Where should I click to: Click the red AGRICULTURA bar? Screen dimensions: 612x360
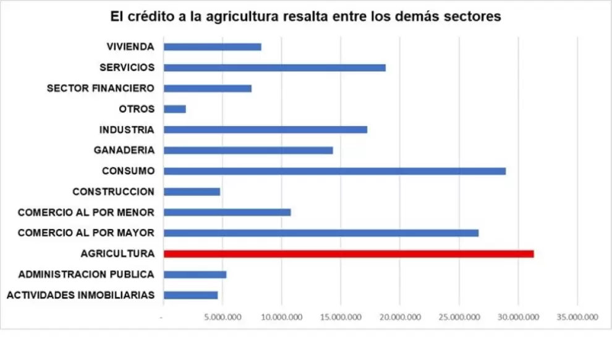coord(349,254)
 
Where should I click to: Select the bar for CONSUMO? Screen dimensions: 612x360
coord(335,171)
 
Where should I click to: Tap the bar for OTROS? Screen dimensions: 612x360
coord(175,109)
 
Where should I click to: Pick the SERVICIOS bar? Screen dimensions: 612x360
coord(274,67)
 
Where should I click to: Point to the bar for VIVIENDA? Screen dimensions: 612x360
coord(213,47)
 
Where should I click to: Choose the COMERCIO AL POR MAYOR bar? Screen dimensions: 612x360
coord(321,233)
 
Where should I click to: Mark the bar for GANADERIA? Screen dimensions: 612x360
coord(249,150)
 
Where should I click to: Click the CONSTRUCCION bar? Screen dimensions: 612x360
coord(192,192)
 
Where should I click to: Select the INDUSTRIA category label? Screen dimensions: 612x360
coord(127,130)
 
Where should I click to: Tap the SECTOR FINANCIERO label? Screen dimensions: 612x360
coord(101,88)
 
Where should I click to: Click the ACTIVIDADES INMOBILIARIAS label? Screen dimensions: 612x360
coord(81,295)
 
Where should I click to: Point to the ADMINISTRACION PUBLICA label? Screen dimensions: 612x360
coord(87,275)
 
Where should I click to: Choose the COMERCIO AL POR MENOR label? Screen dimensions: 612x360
coord(87,212)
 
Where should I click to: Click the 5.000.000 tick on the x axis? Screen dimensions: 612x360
coord(223,317)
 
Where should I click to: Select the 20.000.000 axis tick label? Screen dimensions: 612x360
coord(400,317)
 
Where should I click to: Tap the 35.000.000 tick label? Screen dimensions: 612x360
coord(577,317)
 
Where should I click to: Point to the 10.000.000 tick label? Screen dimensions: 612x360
coord(282,317)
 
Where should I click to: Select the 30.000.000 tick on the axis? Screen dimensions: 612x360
coord(518,317)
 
